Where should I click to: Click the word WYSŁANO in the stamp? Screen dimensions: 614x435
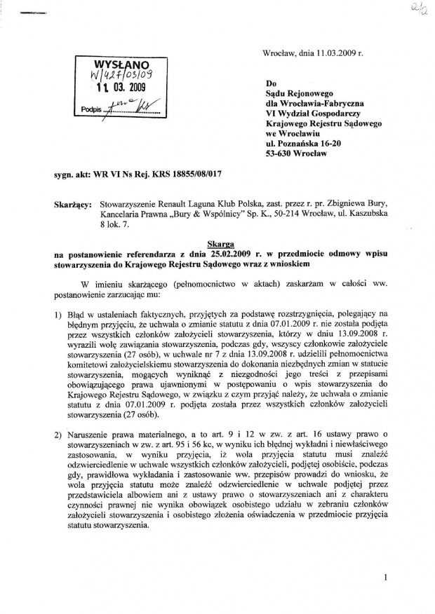click(114, 62)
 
